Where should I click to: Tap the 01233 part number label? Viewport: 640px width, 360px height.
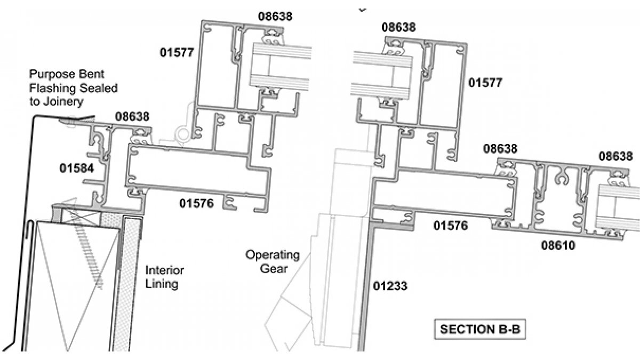pos(390,286)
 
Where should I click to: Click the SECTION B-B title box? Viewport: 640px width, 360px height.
pos(479,330)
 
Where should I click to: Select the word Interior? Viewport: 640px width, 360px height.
pos(162,270)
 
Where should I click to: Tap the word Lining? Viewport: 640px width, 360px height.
pos(162,284)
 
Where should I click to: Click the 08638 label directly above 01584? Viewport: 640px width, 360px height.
pos(133,116)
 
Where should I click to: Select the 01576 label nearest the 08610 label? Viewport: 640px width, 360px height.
pos(451,226)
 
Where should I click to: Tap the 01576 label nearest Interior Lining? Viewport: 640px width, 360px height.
pos(197,203)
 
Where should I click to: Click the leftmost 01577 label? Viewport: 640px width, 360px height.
pos(177,52)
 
